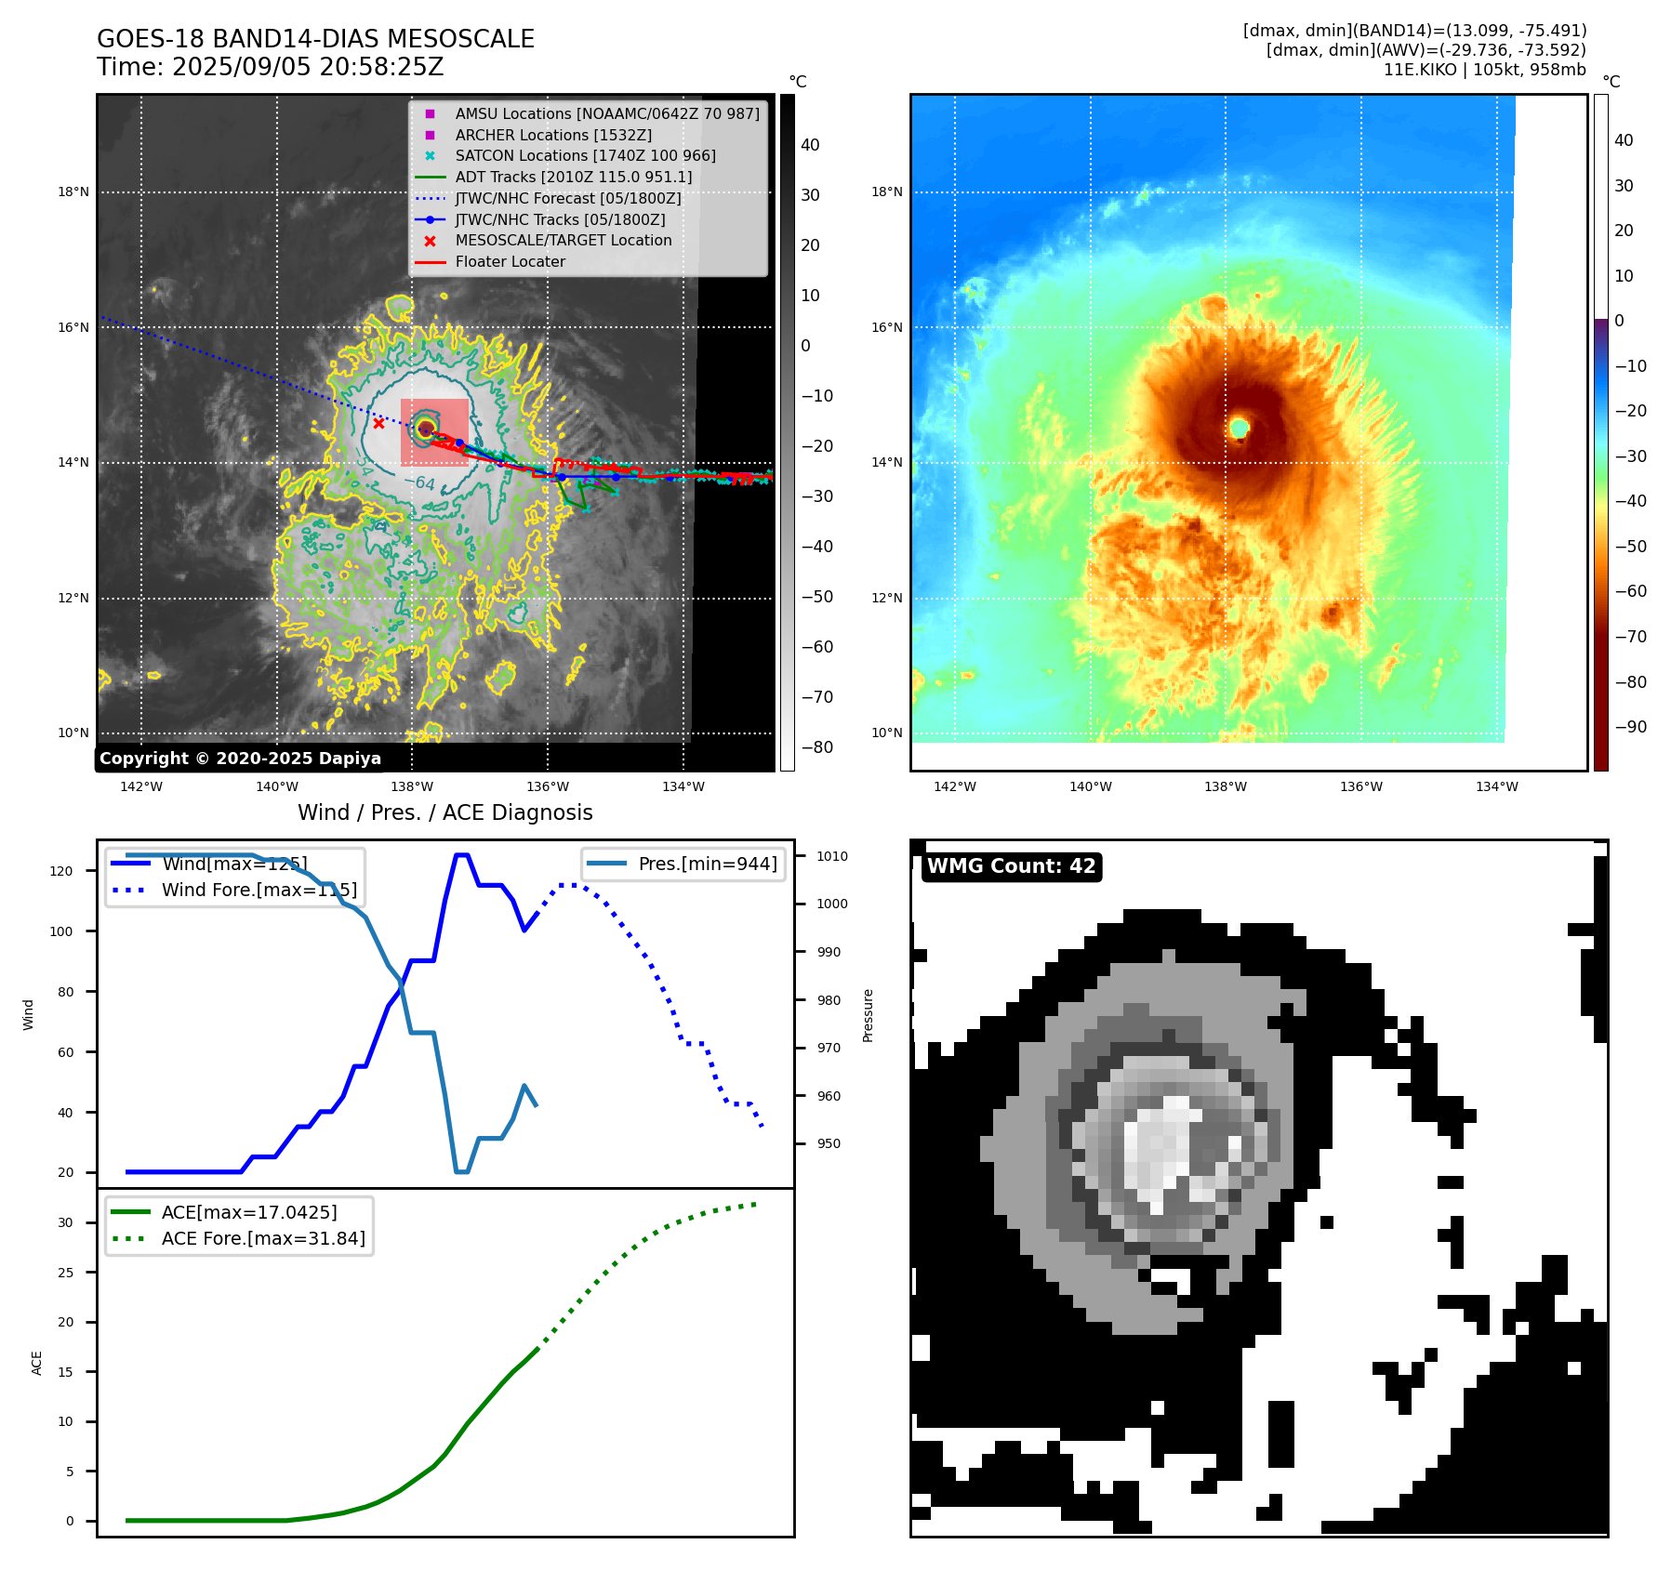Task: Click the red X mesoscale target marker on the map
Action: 378,423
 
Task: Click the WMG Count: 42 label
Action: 1011,866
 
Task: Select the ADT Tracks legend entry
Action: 573,177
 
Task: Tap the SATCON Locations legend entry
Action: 585,155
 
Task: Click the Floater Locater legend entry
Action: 510,262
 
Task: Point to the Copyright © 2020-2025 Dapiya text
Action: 240,759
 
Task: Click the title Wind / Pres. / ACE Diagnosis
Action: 444,812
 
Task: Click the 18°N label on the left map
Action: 73,192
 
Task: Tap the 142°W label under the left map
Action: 141,786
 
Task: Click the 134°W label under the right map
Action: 1496,786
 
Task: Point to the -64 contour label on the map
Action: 424,482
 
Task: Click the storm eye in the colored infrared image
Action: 1239,428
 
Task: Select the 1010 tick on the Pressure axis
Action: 832,856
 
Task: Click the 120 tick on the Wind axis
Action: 61,871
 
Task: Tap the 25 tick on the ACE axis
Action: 65,1273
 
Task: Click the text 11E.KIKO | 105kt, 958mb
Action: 1484,70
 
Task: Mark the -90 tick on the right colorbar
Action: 1630,727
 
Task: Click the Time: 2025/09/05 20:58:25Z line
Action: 270,68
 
